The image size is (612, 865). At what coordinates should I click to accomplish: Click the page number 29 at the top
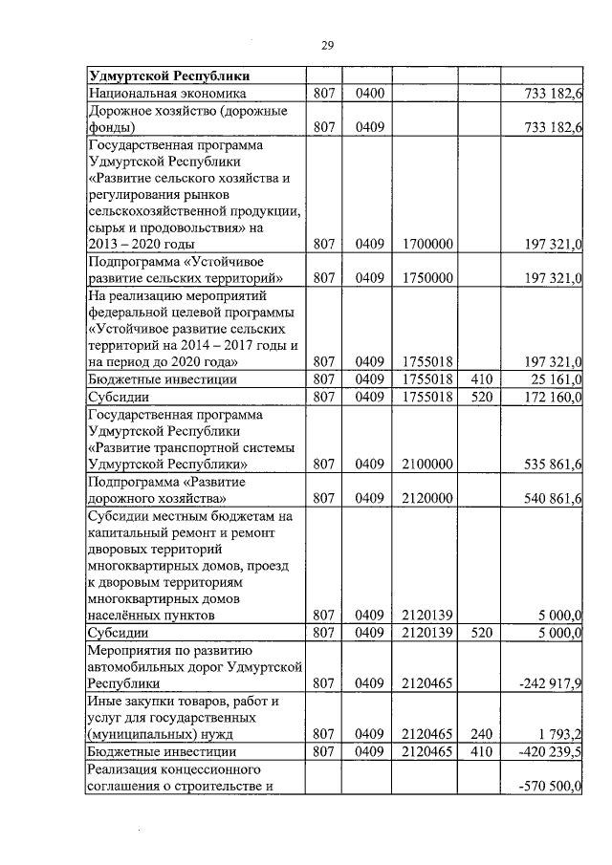[x=326, y=45]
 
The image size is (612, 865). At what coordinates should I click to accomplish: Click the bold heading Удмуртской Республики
[x=169, y=76]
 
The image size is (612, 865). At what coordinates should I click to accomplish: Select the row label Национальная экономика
[x=167, y=94]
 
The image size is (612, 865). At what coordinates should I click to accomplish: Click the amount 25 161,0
[x=554, y=379]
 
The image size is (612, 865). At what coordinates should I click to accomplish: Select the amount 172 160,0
[x=549, y=397]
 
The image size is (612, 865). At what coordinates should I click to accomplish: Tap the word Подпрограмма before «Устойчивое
[x=132, y=261]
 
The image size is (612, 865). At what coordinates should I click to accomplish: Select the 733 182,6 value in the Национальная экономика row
[x=549, y=94]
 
